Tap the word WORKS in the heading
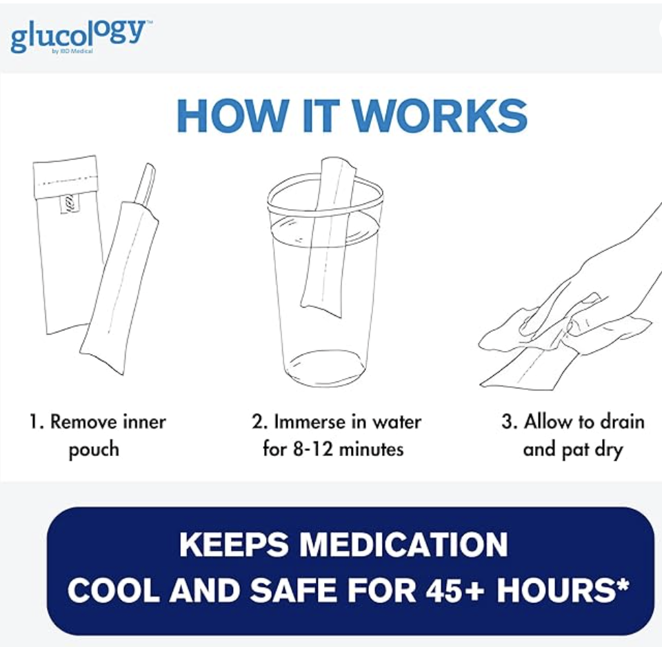click(x=439, y=116)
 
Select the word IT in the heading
click(x=320, y=116)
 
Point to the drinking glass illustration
click(x=325, y=279)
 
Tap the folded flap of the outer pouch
click(x=66, y=177)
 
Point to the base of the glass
click(x=325, y=368)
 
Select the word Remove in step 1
click(x=83, y=421)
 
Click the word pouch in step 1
click(x=94, y=450)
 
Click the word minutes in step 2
click(x=371, y=449)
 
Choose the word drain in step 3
click(x=622, y=421)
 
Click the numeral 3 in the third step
click(x=507, y=421)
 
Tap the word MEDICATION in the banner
click(x=403, y=545)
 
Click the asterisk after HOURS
click(x=623, y=584)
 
